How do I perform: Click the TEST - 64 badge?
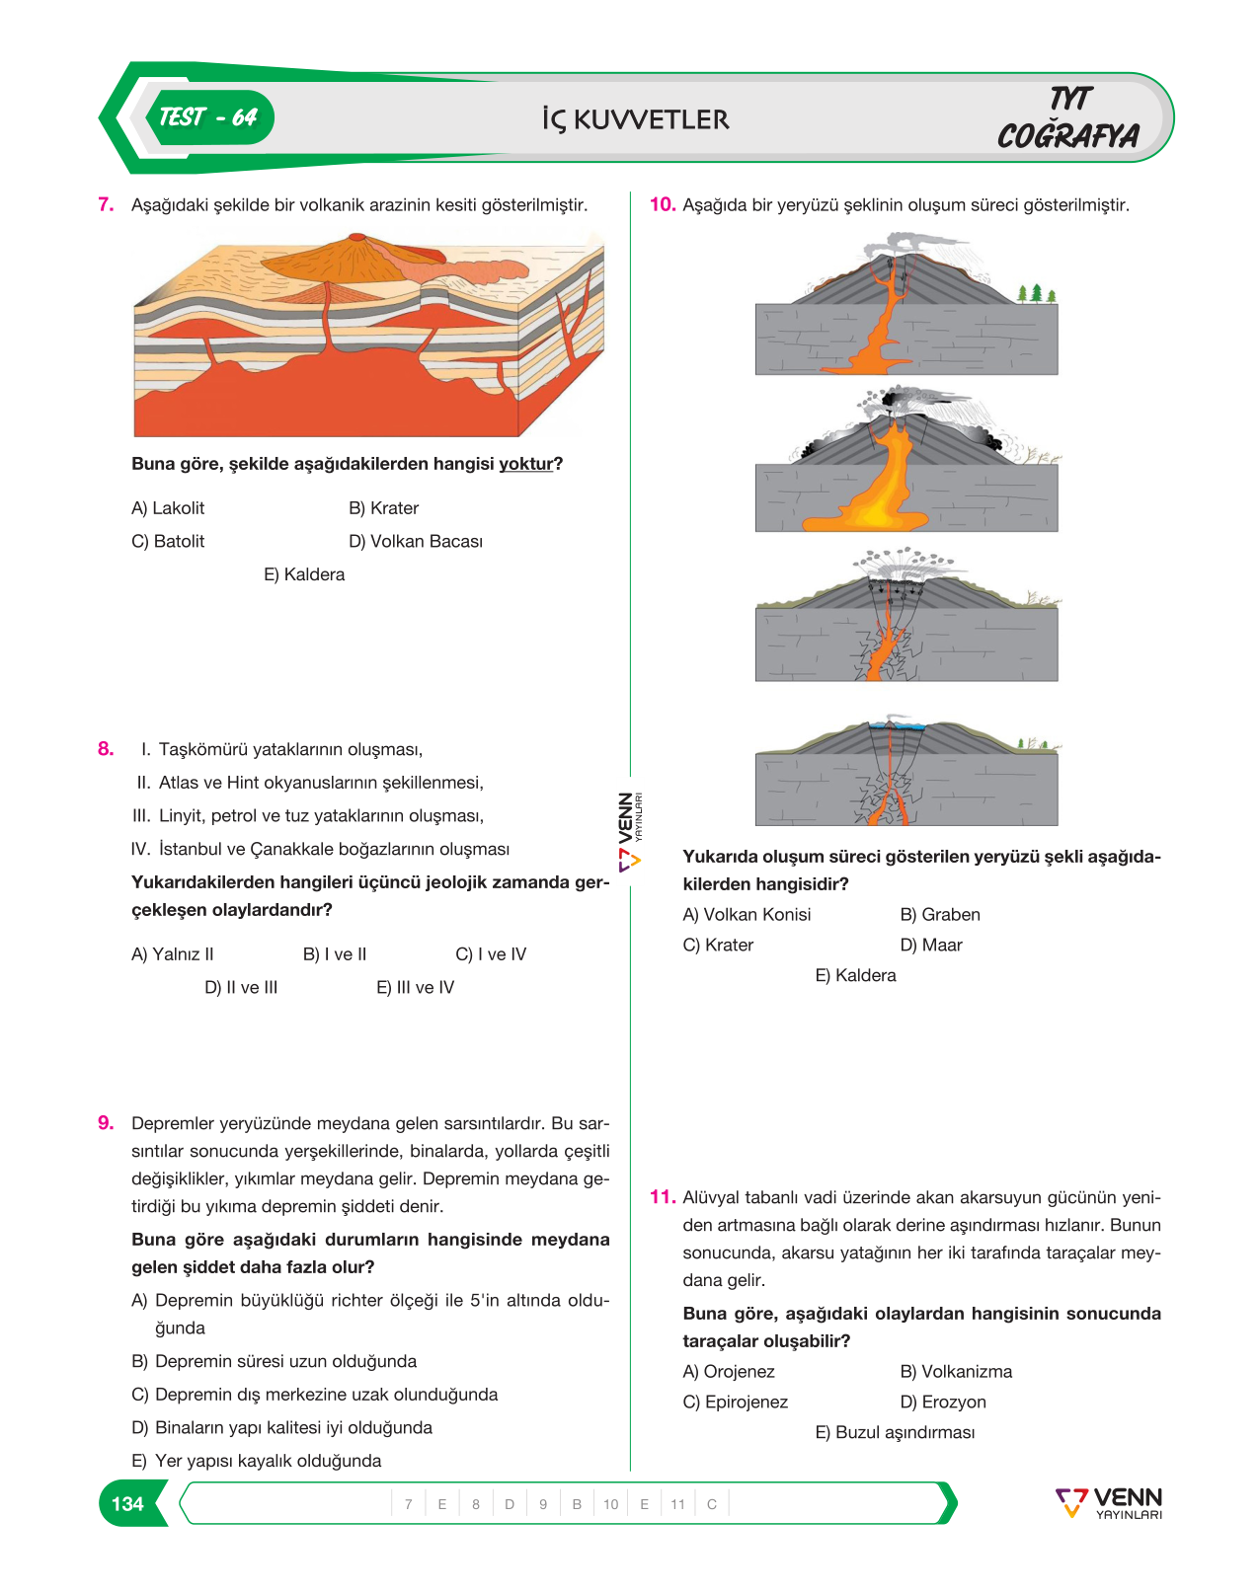pyautogui.click(x=209, y=117)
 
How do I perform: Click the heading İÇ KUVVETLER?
pyautogui.click(x=636, y=119)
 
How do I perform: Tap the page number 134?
pyautogui.click(x=127, y=1503)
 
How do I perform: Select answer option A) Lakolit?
pyautogui.click(x=168, y=508)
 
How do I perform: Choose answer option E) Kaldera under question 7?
pyautogui.click(x=304, y=574)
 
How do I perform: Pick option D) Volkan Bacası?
pyautogui.click(x=416, y=542)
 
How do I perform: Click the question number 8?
pyautogui.click(x=106, y=749)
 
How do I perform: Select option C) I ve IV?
pyautogui.click(x=491, y=954)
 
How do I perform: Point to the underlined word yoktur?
pyautogui.click(x=526, y=464)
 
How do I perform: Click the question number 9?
pyautogui.click(x=106, y=1123)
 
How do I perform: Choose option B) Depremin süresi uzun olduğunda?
pyautogui.click(x=275, y=1361)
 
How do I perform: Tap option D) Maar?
pyautogui.click(x=931, y=946)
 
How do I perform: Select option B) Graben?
pyautogui.click(x=940, y=915)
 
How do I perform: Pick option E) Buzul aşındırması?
pyautogui.click(x=896, y=1432)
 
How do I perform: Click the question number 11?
pyautogui.click(x=663, y=1197)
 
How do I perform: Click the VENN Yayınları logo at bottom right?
pyautogui.click(x=1109, y=1502)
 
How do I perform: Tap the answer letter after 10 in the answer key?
pyautogui.click(x=644, y=1504)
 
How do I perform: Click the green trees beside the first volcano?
pyautogui.click(x=1035, y=294)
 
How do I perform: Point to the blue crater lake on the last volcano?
pyautogui.click(x=897, y=725)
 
